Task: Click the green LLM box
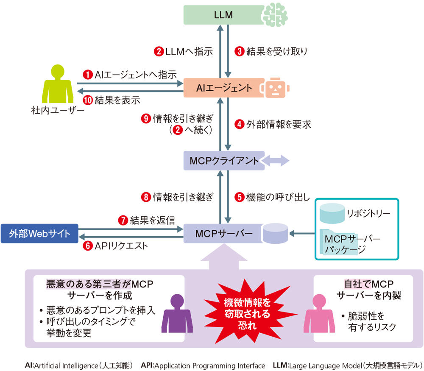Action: pos(223,15)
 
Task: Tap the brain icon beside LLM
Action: pos(276,15)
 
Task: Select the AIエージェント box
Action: pos(223,88)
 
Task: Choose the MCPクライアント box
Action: pos(223,161)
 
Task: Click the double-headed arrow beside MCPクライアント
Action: pos(276,161)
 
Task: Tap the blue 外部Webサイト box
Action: pos(39,234)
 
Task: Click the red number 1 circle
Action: pos(87,75)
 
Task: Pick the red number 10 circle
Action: pos(87,100)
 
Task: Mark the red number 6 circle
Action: pos(87,246)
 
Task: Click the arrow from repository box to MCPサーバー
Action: pos(303,233)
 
